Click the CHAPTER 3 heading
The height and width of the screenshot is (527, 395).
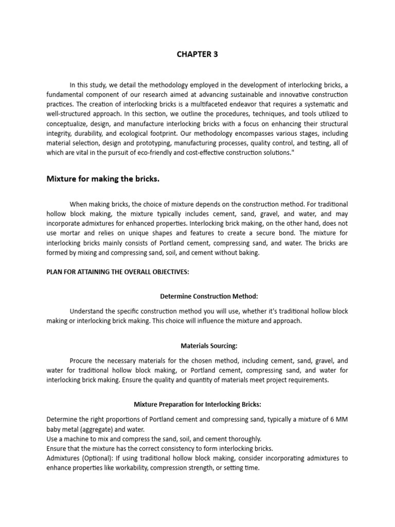(x=197, y=54)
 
